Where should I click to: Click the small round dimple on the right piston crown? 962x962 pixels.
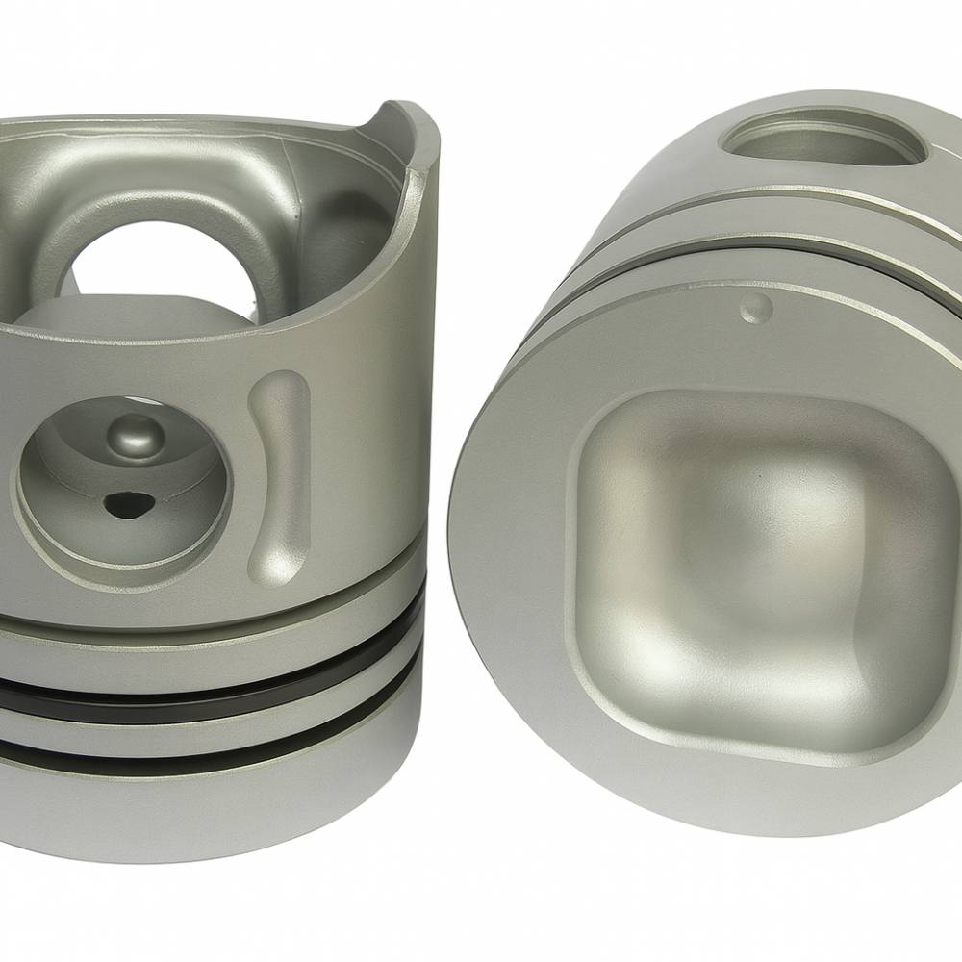pos(757,309)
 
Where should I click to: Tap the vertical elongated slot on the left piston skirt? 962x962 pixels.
pos(279,476)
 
